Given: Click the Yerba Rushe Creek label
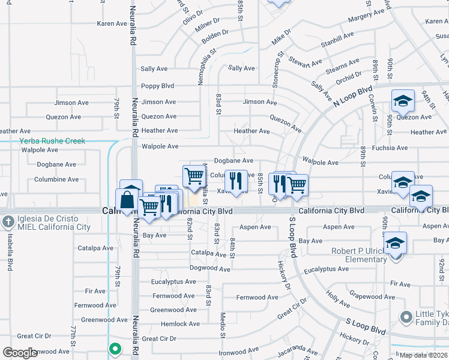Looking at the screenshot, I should (52, 141).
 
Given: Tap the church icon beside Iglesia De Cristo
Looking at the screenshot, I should (8, 221).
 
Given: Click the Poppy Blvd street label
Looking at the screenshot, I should (157, 86).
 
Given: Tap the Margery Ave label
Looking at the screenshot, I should (366, 16).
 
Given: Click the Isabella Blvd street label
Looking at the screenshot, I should (10, 252).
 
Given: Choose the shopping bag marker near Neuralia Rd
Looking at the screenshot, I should (128, 200).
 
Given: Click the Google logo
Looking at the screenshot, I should (20, 353).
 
